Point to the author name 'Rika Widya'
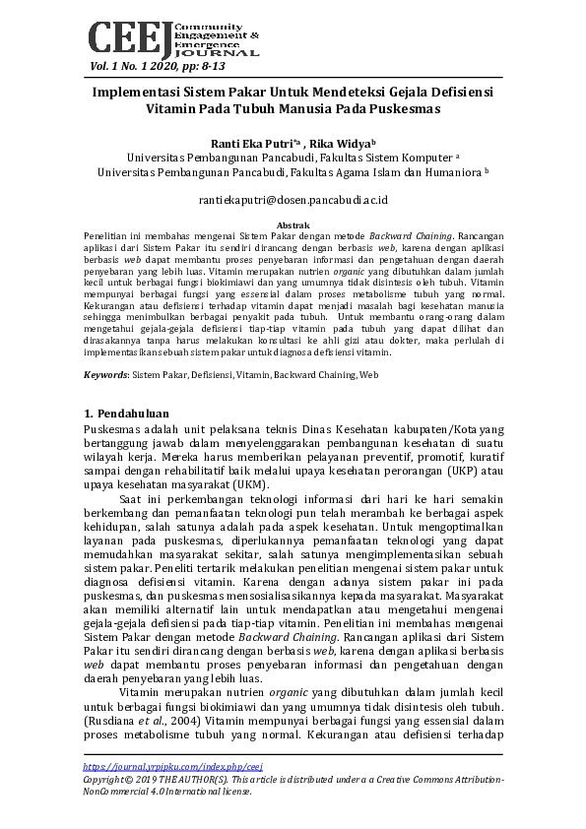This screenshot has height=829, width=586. tap(343, 142)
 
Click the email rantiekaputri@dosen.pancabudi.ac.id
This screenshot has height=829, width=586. tap(293, 199)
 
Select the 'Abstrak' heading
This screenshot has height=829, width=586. tap(293, 225)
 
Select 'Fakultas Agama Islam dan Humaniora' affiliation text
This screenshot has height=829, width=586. tap(384, 171)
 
